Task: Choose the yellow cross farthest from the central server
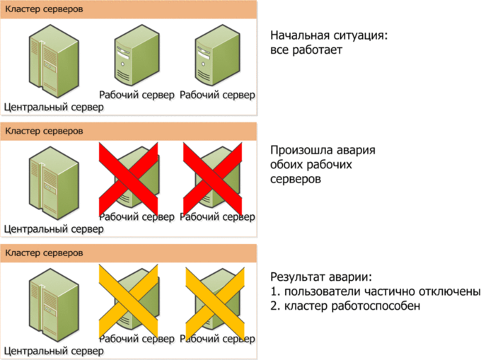(x=214, y=298)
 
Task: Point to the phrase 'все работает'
(x=305, y=51)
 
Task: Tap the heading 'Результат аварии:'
(x=321, y=277)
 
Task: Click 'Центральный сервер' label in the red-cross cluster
(x=54, y=228)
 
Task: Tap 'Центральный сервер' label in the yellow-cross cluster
(x=54, y=349)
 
